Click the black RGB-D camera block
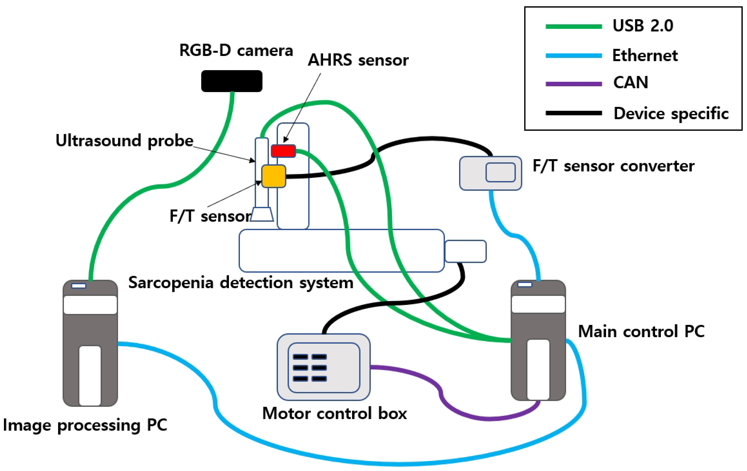pos(232,81)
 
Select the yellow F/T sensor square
pos(273,176)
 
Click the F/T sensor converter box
pos(490,173)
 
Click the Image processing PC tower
pos(90,343)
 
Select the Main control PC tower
pos(538,341)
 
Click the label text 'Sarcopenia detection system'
pos(241,283)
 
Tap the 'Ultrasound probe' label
pos(124,141)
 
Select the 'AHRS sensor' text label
pos(358,60)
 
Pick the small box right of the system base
pos(465,251)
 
